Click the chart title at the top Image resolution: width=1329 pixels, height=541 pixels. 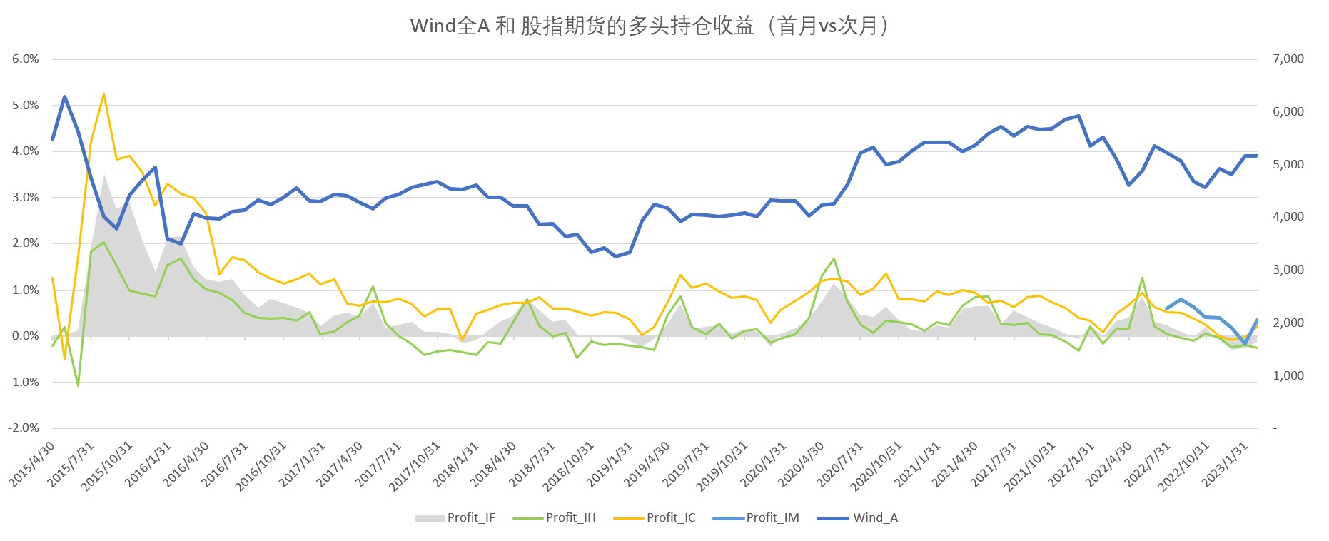(650, 26)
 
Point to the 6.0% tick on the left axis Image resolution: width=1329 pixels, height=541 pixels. (26, 59)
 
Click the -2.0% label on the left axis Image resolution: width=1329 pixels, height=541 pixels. (24, 428)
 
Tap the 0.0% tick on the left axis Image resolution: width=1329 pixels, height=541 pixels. (26, 336)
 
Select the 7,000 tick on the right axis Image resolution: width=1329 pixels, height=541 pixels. (1288, 59)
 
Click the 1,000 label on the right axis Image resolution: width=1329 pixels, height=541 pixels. (1288, 375)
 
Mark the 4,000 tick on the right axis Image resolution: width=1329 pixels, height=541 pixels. (1288, 217)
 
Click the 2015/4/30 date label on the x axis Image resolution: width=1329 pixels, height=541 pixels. (33, 465)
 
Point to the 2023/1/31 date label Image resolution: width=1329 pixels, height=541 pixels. (1226, 465)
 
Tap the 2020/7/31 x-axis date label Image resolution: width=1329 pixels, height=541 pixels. (840, 465)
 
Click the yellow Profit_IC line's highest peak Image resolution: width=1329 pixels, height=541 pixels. (103, 93)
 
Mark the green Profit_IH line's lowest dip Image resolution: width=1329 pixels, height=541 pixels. (78, 385)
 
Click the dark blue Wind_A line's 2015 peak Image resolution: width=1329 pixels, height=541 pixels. (65, 96)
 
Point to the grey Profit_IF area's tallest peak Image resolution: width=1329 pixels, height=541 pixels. (104, 174)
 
